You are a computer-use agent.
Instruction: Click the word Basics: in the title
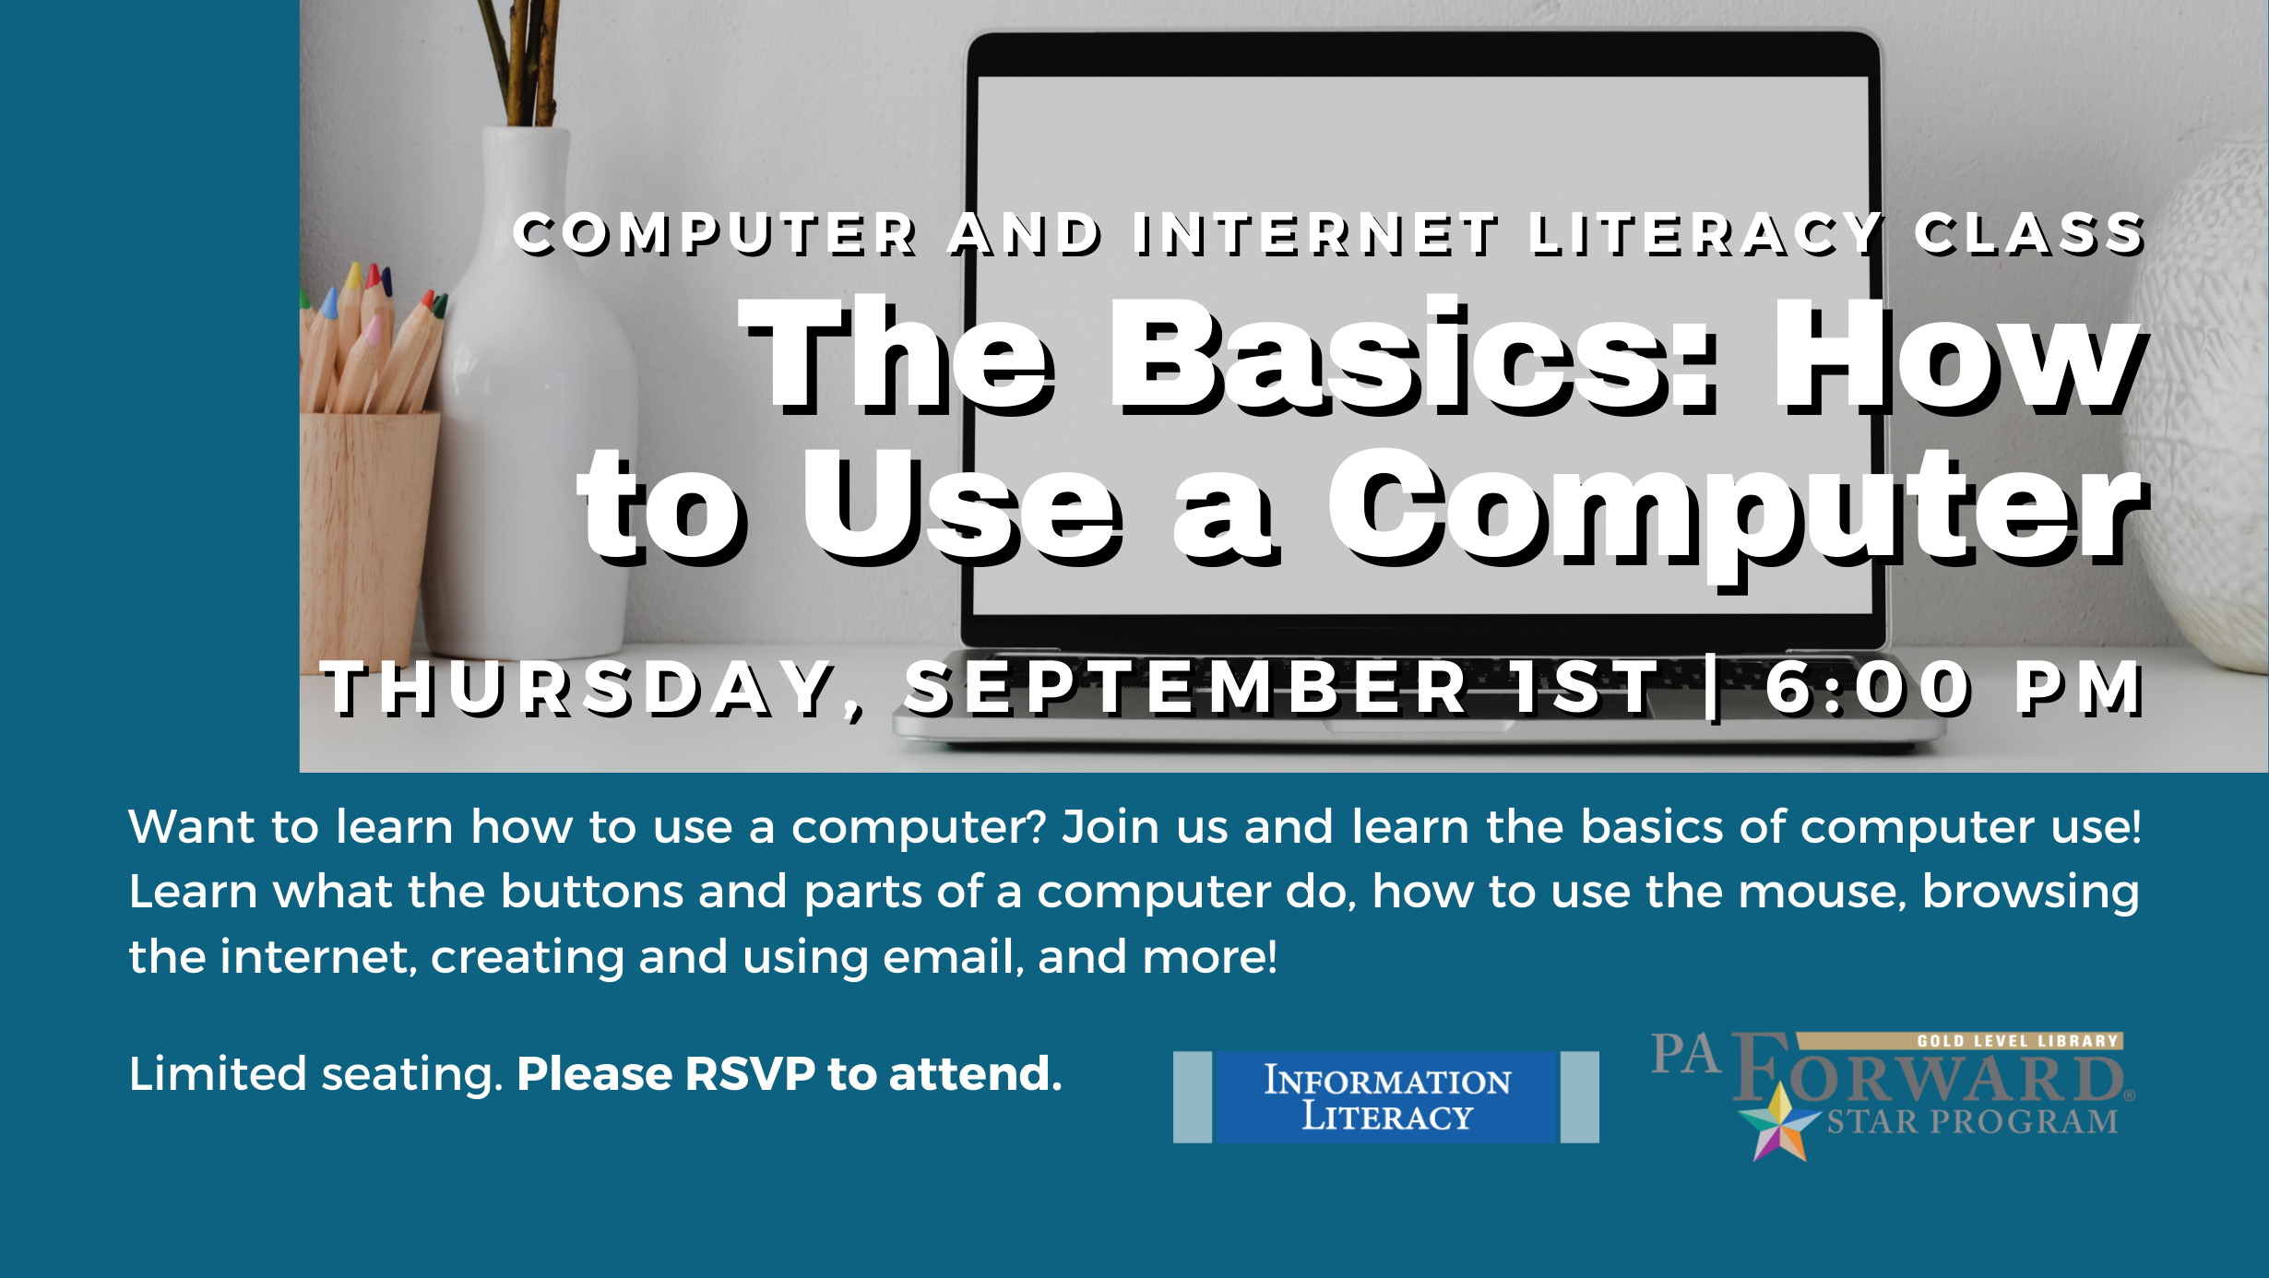click(1415, 354)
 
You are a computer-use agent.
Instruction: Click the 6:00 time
click(1867, 688)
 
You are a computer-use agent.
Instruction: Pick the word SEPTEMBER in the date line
click(1186, 688)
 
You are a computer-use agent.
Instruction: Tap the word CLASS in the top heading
click(2029, 233)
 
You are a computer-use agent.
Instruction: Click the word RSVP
click(750, 1073)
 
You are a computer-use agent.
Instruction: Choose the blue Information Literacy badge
click(1385, 1097)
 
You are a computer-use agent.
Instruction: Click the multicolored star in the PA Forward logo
click(1778, 1123)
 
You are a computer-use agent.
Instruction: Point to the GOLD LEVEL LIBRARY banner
click(1960, 1041)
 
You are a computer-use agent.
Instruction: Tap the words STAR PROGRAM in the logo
click(1972, 1121)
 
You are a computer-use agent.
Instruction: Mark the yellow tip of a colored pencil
click(353, 275)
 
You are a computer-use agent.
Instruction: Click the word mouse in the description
click(1822, 892)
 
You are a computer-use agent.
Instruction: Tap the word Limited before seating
click(218, 1073)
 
